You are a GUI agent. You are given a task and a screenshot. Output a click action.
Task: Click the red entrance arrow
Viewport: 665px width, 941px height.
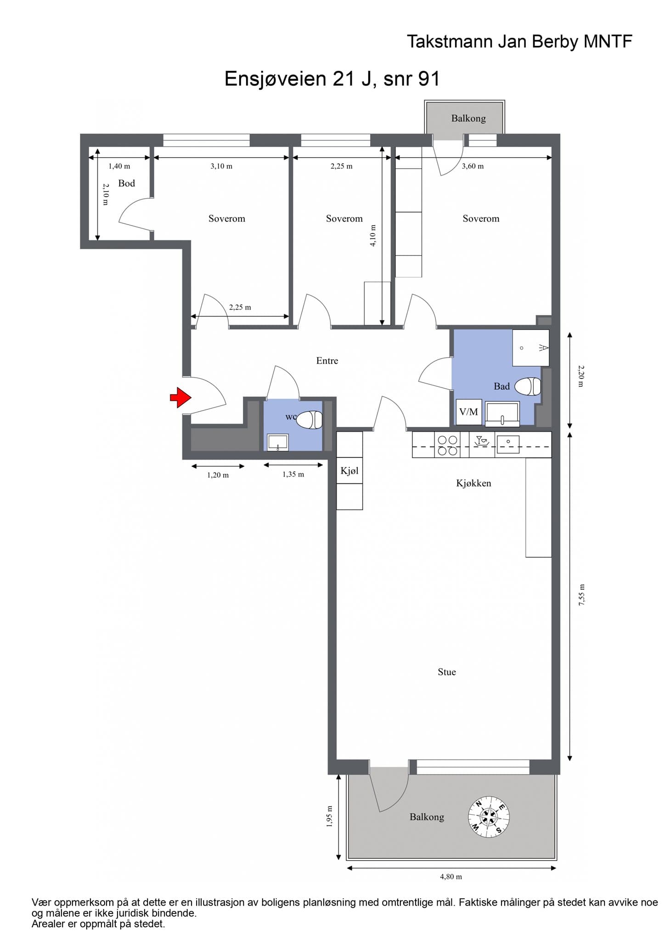pyautogui.click(x=180, y=397)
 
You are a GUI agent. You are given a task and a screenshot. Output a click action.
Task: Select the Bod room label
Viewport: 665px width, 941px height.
pyautogui.click(x=127, y=183)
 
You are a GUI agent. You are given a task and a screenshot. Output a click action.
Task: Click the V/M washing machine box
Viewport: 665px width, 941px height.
pyautogui.click(x=469, y=412)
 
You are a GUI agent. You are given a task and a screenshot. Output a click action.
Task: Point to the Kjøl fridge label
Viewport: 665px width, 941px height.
pyautogui.click(x=349, y=471)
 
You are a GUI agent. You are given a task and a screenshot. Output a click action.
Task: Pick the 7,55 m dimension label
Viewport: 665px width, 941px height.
pyautogui.click(x=582, y=595)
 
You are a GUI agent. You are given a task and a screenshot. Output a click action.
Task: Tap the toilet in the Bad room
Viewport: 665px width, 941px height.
pyautogui.click(x=528, y=386)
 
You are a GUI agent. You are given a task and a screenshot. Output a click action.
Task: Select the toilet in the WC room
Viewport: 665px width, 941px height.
pyautogui.click(x=310, y=420)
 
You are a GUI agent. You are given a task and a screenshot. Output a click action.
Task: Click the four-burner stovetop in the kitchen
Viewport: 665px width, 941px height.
pyautogui.click(x=447, y=445)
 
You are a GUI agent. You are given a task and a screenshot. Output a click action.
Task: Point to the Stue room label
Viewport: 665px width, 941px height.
pyautogui.click(x=447, y=672)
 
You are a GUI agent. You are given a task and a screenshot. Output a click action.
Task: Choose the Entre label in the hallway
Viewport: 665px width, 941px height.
pyautogui.click(x=327, y=361)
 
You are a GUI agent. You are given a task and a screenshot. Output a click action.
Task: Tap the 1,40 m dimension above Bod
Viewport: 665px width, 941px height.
pyautogui.click(x=119, y=166)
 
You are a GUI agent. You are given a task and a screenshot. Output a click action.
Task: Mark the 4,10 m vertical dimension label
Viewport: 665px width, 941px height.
pyautogui.click(x=372, y=236)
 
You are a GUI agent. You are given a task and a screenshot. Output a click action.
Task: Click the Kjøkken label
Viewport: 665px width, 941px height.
pyautogui.click(x=473, y=483)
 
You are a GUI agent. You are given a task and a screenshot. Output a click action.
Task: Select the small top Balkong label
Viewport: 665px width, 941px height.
pyautogui.click(x=468, y=118)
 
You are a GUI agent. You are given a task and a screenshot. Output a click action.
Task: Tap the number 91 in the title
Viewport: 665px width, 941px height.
pyautogui.click(x=429, y=79)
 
